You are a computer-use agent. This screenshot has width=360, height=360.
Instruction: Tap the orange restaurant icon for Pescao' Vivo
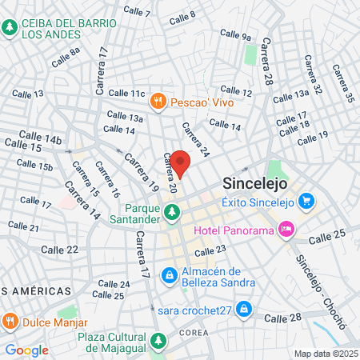(158, 101)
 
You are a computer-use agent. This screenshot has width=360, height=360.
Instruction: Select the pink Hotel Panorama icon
(286, 231)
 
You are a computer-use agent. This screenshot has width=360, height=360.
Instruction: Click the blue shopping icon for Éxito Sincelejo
(305, 202)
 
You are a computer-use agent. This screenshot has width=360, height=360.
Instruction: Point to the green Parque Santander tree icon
(172, 212)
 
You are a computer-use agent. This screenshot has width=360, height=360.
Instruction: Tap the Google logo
(26, 350)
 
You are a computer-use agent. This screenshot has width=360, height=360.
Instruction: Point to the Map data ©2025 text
(325, 353)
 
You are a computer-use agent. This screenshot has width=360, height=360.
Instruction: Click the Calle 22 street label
(61, 250)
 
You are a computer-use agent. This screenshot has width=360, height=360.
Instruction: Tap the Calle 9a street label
(234, 36)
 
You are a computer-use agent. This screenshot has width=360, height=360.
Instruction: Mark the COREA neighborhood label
(194, 332)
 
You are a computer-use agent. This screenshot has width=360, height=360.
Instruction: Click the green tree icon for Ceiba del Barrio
(10, 28)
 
